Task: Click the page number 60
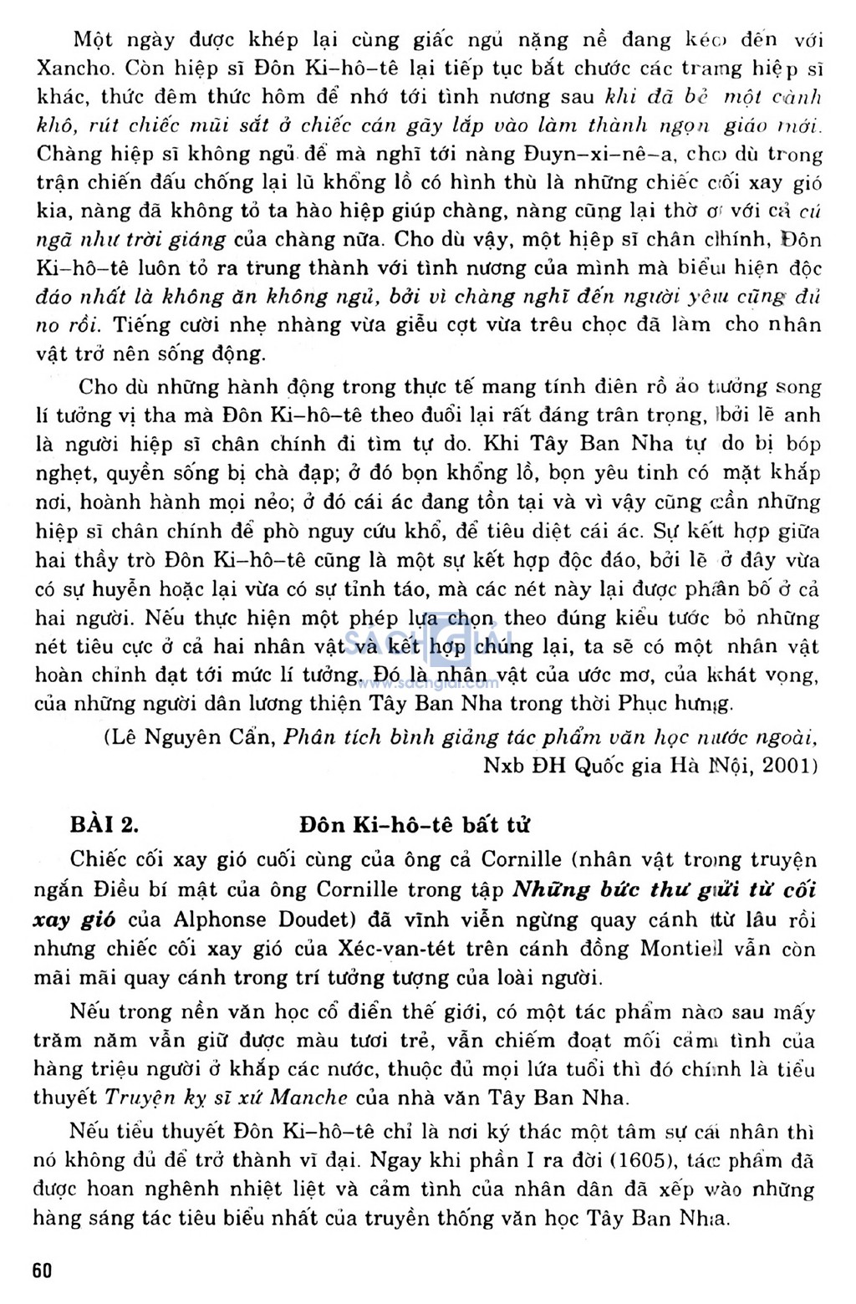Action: pyautogui.click(x=42, y=1270)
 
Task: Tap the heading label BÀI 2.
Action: pyautogui.click(x=104, y=824)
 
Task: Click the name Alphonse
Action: pyautogui.click(x=221, y=920)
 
